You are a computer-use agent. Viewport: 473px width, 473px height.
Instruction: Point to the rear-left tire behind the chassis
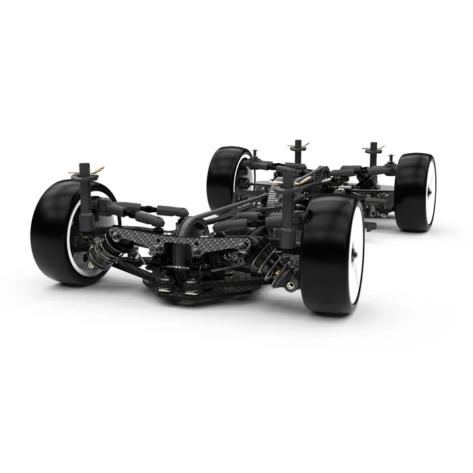click(x=222, y=176)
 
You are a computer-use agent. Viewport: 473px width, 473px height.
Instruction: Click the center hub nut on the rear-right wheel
click(x=430, y=191)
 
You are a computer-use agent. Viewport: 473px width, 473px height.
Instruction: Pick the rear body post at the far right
click(x=373, y=156)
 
